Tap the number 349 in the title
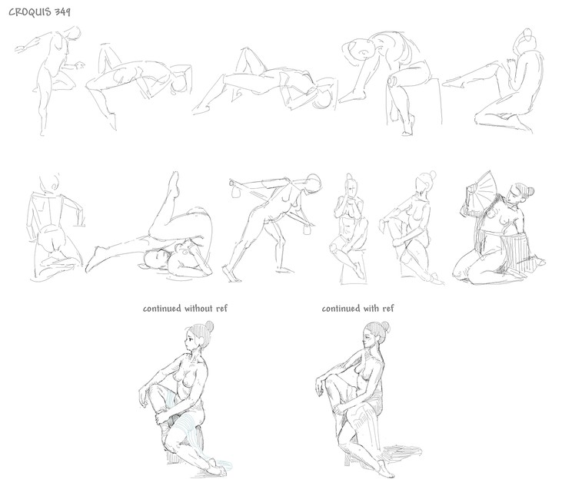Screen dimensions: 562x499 [x=63, y=12]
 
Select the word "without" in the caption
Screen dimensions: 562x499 [x=198, y=309]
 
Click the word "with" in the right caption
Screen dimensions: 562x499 [x=371, y=309]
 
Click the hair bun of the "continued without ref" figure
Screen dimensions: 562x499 [x=209, y=326]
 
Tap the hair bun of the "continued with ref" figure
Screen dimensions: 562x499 [x=386, y=326]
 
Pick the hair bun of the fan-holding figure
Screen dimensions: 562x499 [x=530, y=191]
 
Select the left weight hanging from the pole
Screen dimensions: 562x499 [x=236, y=193]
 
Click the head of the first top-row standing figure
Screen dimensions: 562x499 [x=75, y=34]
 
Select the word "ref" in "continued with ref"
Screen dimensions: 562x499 [x=388, y=309]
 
